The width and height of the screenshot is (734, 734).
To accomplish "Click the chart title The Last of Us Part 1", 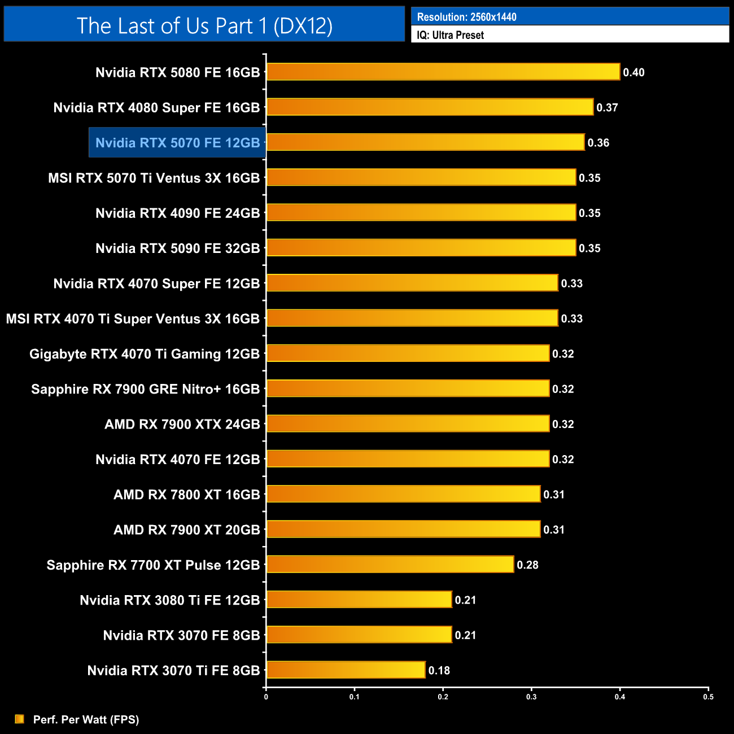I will [204, 25].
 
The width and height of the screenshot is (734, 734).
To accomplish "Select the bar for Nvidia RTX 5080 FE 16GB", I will [443, 72].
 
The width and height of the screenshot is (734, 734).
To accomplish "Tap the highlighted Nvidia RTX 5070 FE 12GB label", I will [177, 143].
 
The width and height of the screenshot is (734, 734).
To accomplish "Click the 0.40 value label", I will [633, 72].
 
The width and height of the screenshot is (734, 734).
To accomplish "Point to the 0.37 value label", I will [607, 107].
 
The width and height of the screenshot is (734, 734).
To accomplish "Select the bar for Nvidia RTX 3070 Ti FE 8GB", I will [346, 670].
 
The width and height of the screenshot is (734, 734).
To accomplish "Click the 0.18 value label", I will [439, 670].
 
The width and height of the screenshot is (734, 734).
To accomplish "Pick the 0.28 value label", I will [527, 565].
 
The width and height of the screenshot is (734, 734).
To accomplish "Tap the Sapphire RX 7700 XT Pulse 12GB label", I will [153, 565].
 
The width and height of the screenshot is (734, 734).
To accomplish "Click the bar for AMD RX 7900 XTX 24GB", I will [408, 423].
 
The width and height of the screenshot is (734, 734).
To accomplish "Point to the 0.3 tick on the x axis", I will [531, 697].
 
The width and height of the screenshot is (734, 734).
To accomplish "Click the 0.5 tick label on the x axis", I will [708, 697].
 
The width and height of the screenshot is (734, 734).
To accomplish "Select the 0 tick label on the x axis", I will [266, 697].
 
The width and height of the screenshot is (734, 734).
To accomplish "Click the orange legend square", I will [20, 719].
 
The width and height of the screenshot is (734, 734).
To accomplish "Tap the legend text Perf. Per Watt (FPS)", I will [86, 719].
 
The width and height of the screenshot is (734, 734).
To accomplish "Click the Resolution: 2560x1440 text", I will [466, 17].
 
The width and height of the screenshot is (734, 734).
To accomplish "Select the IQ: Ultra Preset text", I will [450, 35].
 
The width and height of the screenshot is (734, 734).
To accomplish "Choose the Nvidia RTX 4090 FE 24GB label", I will [177, 213].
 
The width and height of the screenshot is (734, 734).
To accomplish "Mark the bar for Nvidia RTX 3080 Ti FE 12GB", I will [359, 600].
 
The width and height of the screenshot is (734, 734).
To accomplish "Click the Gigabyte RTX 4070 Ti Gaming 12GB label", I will [145, 354].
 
